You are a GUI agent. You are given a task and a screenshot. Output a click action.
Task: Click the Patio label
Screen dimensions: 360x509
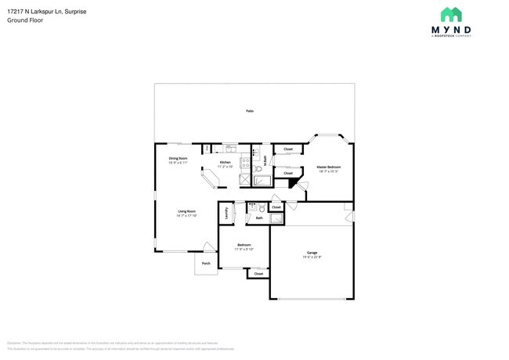tap(250, 111)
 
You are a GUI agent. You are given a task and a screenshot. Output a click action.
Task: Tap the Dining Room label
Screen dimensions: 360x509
tap(178, 158)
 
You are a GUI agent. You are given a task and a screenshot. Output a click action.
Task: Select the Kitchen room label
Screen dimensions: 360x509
tap(225, 162)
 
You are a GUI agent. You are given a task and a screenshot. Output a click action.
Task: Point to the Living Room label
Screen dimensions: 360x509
tap(186, 211)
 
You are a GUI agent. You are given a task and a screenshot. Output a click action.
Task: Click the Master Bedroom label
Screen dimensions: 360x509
tap(328, 167)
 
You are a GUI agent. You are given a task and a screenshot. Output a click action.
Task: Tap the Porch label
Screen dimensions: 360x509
tap(206, 264)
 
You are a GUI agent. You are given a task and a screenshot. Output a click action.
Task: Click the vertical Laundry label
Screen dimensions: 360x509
tap(227, 211)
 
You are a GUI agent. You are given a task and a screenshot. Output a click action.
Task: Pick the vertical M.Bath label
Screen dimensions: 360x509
tap(265, 160)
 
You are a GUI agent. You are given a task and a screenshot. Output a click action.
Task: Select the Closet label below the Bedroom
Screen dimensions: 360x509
tap(258, 274)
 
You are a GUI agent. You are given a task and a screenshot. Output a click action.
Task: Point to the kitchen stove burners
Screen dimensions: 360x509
tap(244, 164)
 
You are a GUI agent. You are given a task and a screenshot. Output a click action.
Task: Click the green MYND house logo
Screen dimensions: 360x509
tap(450, 16)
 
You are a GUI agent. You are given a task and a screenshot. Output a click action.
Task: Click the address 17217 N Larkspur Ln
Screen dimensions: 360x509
tap(38, 11)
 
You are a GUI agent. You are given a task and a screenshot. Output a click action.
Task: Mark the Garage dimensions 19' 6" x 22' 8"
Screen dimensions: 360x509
tap(312, 257)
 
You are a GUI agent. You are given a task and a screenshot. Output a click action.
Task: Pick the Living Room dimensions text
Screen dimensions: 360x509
tap(186, 216)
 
